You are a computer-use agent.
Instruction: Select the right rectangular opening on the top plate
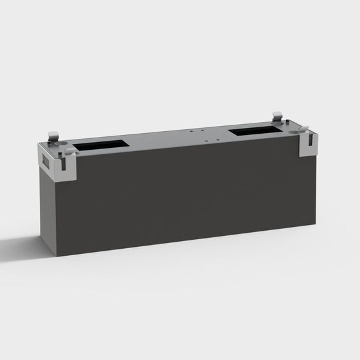click(256, 131)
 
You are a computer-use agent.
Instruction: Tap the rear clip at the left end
click(54, 136)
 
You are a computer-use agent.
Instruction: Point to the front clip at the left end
click(69, 152)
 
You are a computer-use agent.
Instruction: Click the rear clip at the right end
click(277, 116)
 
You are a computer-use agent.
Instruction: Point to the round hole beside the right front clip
click(297, 131)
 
